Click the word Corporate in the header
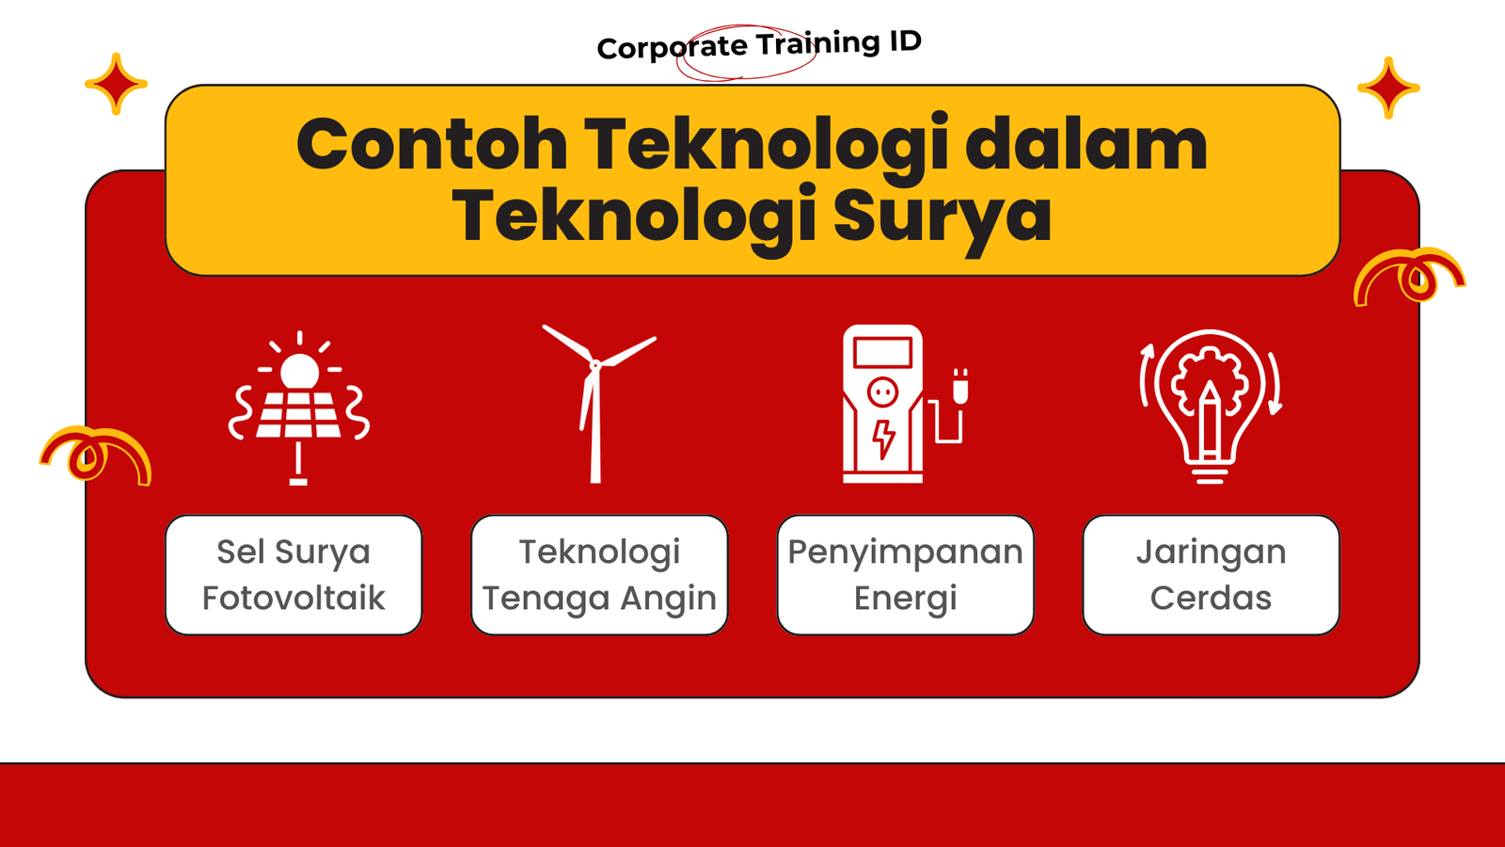point(673,47)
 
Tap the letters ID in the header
point(906,41)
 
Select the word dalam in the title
point(1086,143)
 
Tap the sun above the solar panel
point(299,371)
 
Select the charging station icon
point(904,404)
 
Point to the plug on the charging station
point(960,387)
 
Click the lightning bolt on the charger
point(883,439)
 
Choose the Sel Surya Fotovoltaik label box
point(293,575)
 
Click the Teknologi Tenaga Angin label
point(599,575)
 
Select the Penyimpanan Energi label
point(905,575)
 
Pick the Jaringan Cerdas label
point(1211,575)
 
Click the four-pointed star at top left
point(117,84)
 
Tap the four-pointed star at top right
point(1388,88)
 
